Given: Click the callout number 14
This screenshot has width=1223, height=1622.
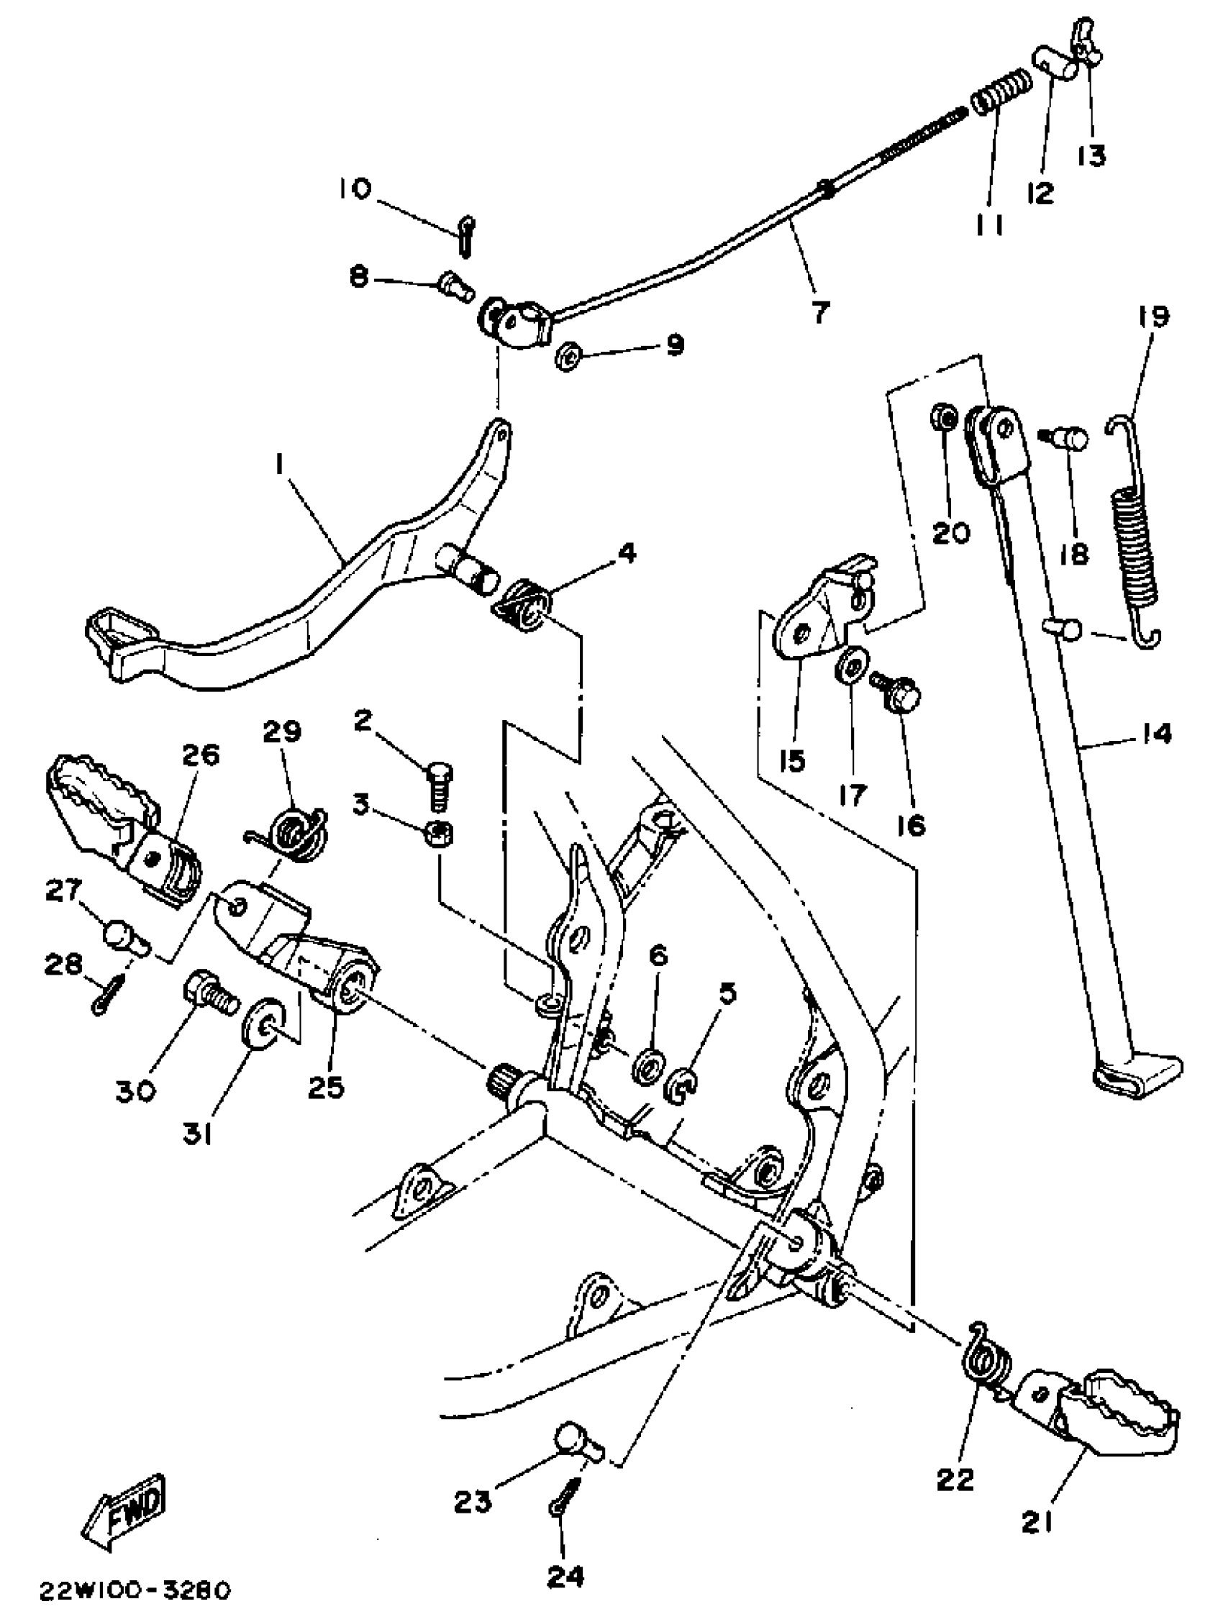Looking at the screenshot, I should tap(1157, 733).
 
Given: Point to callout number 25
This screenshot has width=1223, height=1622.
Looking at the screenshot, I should tap(326, 1088).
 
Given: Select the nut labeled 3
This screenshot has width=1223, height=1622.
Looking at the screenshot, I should tap(439, 834).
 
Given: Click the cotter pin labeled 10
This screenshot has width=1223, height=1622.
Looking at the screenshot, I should tap(465, 235).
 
